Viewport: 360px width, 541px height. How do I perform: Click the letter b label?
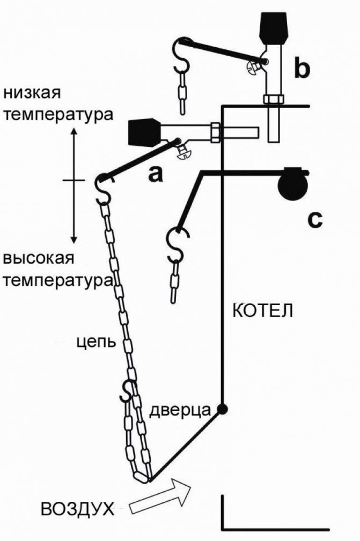click(x=302, y=69)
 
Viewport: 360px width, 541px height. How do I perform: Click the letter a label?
click(x=155, y=174)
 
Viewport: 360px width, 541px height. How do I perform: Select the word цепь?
click(x=94, y=342)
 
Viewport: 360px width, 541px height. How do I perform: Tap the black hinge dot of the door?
click(x=222, y=410)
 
